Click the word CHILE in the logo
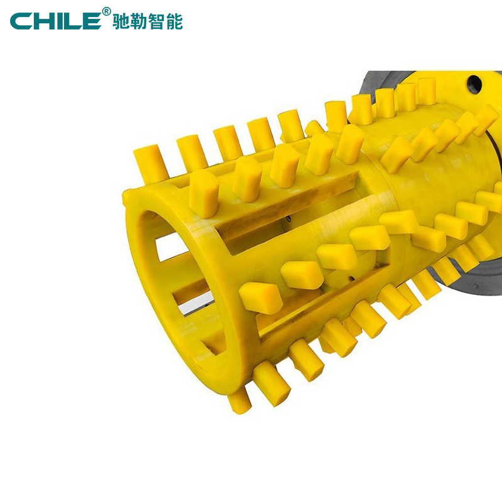point(56,21)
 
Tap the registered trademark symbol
point(106,11)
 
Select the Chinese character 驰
point(121,22)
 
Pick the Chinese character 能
point(174,22)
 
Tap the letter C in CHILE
point(21,21)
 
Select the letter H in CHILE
point(43,21)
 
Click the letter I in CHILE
point(59,21)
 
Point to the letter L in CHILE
point(73,21)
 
